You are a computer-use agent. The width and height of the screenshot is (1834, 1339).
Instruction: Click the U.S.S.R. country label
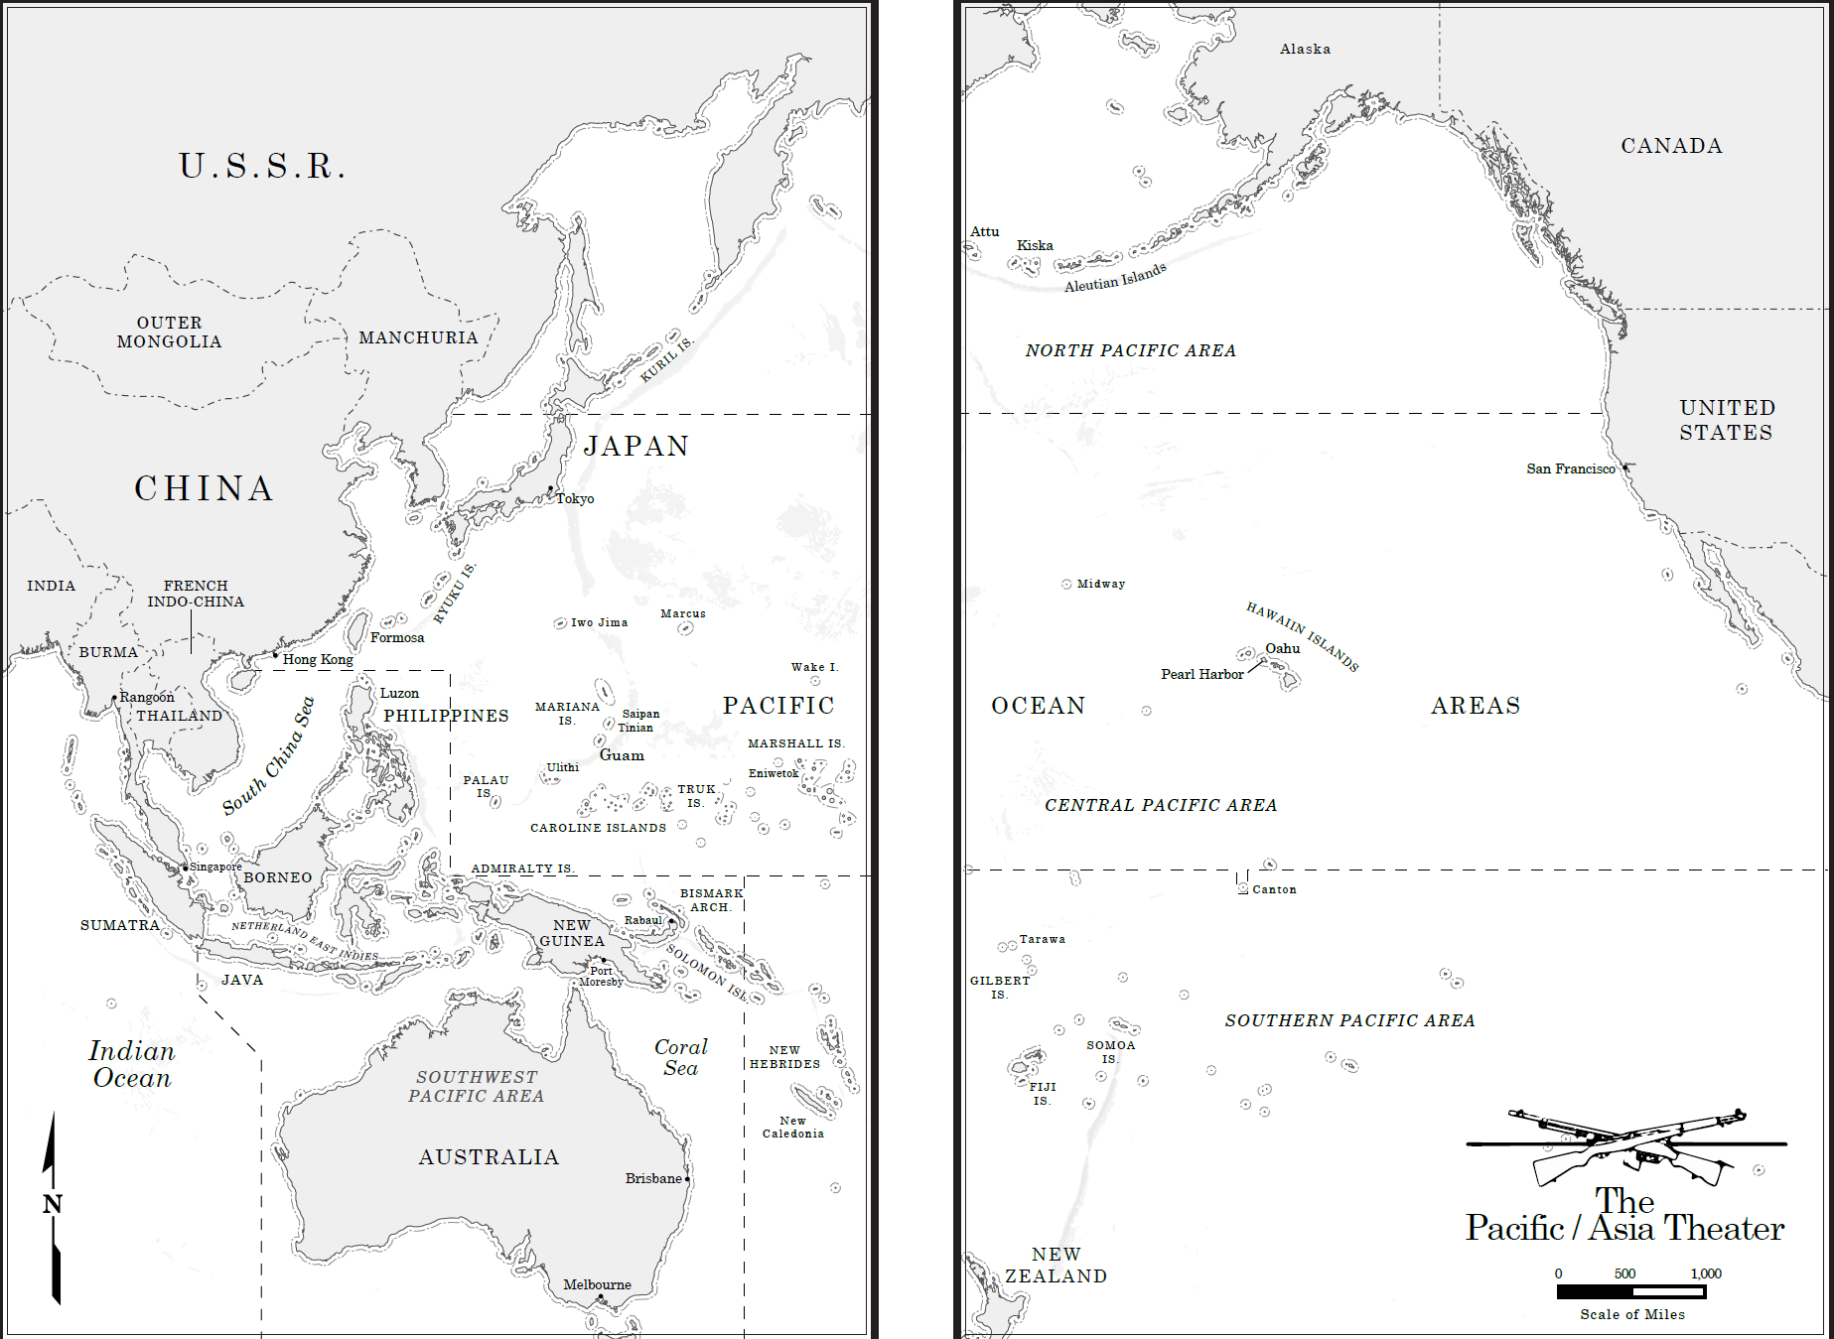(263, 166)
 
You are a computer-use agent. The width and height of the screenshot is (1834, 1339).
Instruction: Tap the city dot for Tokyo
(550, 489)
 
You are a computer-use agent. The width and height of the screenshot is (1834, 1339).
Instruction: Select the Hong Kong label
(317, 659)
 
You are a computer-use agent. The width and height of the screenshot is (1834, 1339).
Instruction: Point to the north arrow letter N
(53, 1204)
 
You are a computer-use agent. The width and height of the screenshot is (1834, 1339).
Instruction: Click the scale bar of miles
(1631, 1291)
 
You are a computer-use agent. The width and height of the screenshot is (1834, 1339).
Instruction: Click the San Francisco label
(1570, 469)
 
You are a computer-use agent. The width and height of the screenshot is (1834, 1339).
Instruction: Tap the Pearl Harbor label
(1201, 674)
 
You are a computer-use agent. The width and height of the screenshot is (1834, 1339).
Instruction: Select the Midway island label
(1100, 584)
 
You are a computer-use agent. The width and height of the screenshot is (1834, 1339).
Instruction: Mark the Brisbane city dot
(687, 1179)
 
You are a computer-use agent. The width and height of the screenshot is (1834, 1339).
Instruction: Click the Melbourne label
(597, 1284)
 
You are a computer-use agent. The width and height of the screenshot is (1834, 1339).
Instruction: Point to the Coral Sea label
(680, 1057)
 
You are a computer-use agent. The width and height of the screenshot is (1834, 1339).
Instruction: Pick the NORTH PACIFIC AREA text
(1130, 350)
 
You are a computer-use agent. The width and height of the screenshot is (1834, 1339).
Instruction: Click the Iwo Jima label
(599, 622)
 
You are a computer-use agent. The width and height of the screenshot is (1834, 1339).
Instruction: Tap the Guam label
(622, 755)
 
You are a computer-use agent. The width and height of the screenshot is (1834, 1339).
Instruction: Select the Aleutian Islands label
(1115, 278)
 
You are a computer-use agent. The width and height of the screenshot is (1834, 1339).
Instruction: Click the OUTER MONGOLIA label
(169, 332)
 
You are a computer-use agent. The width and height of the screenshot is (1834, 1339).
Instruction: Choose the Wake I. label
(814, 667)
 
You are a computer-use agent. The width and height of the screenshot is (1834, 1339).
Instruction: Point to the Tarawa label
(1042, 939)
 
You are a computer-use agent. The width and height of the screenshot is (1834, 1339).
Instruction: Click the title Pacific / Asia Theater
(1624, 1217)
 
